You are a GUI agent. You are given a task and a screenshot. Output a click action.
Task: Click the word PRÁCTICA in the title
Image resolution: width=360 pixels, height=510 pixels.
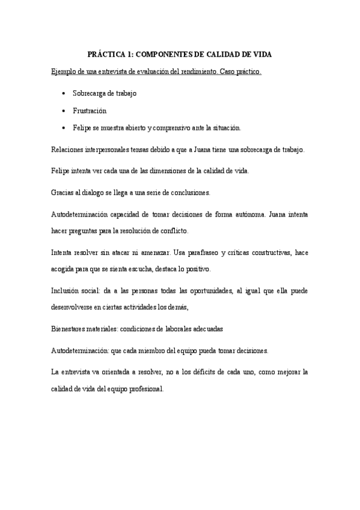coord(106,54)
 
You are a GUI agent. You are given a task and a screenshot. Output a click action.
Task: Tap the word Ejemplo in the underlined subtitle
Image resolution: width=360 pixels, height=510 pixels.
coord(64,72)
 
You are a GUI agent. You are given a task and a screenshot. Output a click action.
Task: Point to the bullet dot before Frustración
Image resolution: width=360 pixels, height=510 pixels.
coord(64,111)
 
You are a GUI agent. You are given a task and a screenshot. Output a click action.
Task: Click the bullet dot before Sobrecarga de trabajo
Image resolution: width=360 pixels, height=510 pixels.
coord(64,93)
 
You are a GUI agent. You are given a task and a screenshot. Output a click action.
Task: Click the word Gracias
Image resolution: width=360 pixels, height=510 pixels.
coord(62,192)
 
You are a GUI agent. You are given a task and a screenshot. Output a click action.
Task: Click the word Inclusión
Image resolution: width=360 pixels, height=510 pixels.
coord(64,290)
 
